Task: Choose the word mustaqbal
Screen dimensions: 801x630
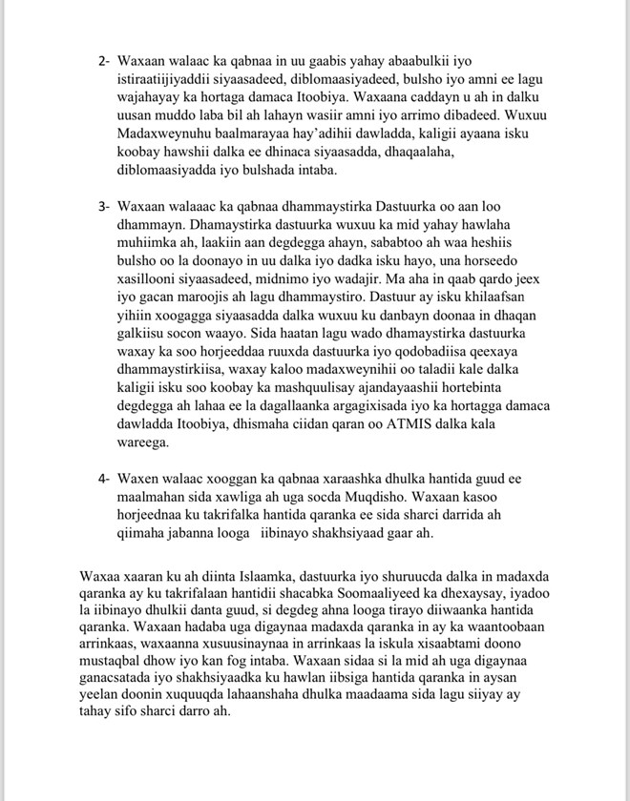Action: pyautogui.click(x=118, y=684)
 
